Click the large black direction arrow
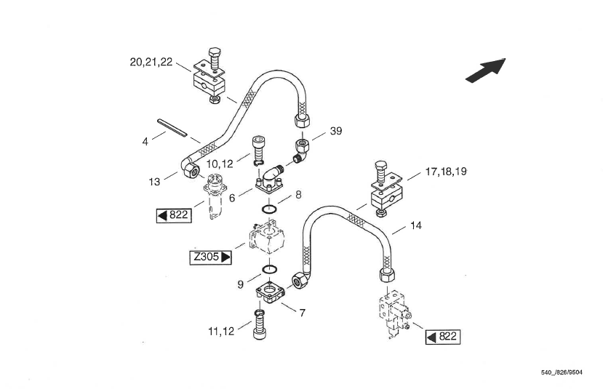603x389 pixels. coord(486,70)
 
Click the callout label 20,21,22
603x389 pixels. coord(151,62)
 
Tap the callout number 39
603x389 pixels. coord(336,131)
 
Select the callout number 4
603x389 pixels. coord(145,142)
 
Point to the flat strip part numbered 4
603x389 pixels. coord(172,128)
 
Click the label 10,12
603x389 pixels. coord(220,164)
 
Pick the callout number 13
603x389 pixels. coord(154,182)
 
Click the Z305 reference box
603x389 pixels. coord(211,257)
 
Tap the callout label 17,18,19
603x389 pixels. coord(446,172)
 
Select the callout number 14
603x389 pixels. coord(416,225)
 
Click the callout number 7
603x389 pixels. coord(303,313)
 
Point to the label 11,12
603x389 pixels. coord(221,332)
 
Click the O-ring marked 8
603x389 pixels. coord(270,209)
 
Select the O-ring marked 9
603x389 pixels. coord(271,269)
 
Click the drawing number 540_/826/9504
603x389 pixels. coord(562,372)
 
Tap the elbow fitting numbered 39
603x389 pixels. coord(302,151)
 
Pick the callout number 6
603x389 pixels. coord(232,198)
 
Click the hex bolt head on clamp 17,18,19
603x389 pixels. coord(380,166)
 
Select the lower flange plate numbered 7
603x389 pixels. coord(271,292)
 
